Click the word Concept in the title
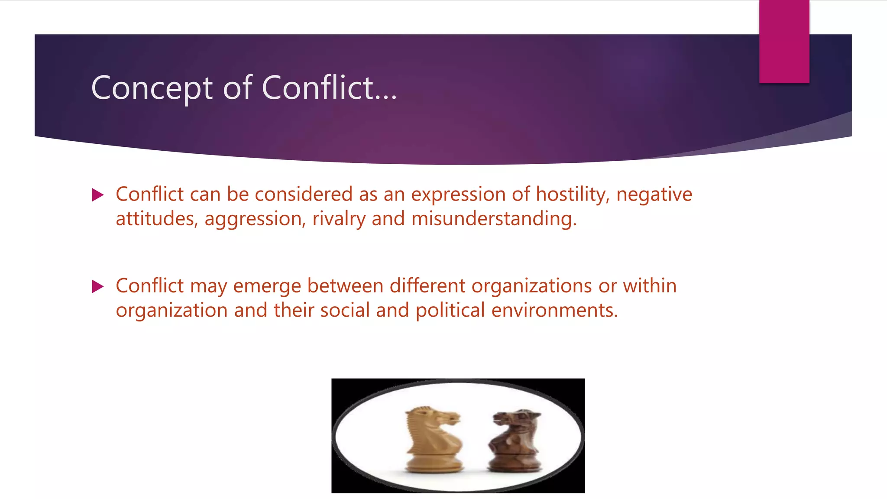152,88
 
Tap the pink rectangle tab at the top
784,42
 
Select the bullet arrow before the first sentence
98,195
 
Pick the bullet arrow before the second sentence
98,286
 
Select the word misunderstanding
494,219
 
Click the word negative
654,194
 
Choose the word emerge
267,286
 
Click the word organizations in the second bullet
531,286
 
